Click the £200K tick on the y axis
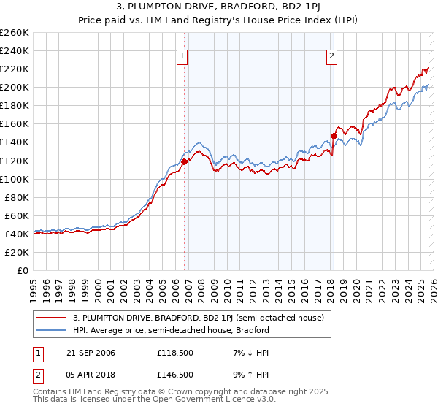click(x=14, y=87)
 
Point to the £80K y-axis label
click(x=16, y=197)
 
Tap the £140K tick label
click(x=14, y=142)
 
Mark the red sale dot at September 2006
click(x=185, y=161)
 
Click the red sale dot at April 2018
click(x=334, y=136)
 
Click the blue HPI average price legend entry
click(x=171, y=330)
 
